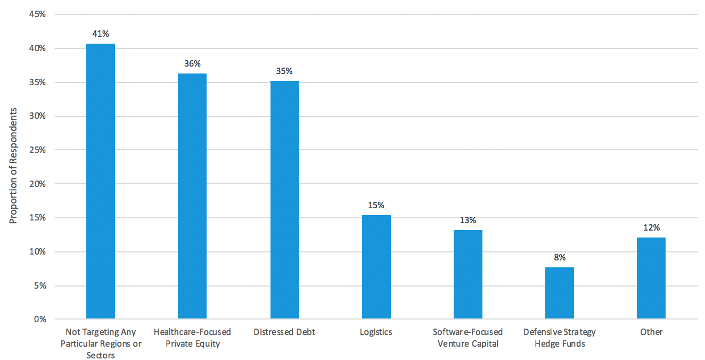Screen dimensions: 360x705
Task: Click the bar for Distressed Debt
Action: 284,200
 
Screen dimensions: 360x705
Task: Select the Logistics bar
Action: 376,267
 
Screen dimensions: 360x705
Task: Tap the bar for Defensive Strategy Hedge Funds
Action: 560,293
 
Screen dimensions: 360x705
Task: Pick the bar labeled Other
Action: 651,278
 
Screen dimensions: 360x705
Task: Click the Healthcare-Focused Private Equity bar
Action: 192,196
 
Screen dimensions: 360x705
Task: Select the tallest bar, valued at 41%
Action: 101,181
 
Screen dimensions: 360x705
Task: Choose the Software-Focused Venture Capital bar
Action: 468,274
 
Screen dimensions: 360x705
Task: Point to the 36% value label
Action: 192,64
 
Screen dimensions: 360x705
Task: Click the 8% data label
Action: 560,258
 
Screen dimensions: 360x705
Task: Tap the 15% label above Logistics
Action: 376,206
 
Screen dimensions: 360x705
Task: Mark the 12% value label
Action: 651,228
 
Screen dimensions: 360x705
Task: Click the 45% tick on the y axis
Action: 38,14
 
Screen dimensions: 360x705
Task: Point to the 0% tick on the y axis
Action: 40,320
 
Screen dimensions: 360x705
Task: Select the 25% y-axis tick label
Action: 38,150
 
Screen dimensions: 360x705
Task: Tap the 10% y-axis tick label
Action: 38,252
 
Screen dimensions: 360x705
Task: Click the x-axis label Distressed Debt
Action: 284,332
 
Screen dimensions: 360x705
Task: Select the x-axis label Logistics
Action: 376,332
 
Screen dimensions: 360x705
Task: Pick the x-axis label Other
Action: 651,332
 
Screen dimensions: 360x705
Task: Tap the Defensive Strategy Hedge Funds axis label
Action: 560,338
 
